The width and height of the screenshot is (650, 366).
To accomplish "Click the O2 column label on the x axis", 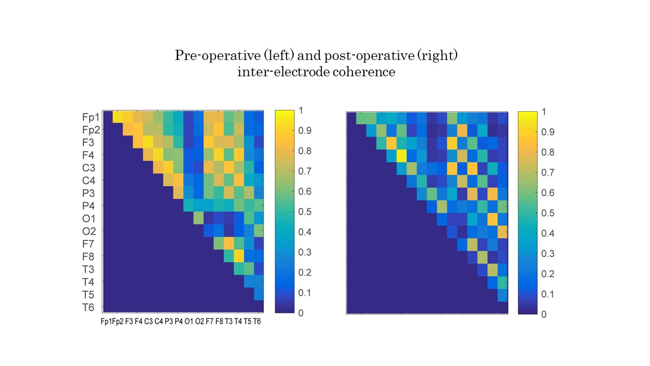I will coord(199,321).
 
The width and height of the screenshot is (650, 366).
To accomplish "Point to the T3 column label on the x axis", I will coord(229,321).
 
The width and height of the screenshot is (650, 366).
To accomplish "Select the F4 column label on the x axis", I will coord(138,321).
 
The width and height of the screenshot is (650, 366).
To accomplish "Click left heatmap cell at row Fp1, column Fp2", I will coord(117,117).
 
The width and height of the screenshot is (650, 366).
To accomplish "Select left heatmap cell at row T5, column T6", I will coord(258,294).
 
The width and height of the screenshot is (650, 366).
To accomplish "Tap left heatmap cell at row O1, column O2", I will coord(198,218).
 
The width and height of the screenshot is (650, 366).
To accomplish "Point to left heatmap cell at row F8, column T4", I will coord(239,256).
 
